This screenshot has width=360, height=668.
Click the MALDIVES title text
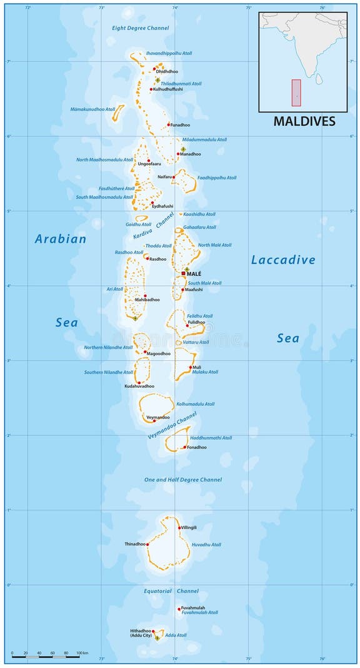[x=304, y=121]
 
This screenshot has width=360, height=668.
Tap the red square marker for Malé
[x=183, y=273]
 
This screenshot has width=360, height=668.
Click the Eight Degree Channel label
[x=140, y=28]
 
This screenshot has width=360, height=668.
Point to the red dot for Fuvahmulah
[x=179, y=609]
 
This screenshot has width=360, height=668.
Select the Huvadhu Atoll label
[x=206, y=545]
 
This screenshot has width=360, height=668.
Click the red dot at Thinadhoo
[x=148, y=544]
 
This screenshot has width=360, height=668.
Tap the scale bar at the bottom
[x=47, y=657]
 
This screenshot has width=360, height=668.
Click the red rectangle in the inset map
[x=296, y=91]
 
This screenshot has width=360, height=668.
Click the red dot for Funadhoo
[x=169, y=124]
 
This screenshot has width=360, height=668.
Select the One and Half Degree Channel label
[x=174, y=480]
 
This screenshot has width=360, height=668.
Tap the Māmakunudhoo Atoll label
[x=93, y=109]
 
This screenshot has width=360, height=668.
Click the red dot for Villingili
[x=179, y=528]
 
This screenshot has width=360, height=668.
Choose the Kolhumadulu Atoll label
[x=195, y=404]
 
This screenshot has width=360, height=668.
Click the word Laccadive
[x=283, y=260]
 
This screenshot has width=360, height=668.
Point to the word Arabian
[x=61, y=239]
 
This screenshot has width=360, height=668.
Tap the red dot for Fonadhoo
[x=185, y=447]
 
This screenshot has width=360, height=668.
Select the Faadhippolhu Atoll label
[x=217, y=178]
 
